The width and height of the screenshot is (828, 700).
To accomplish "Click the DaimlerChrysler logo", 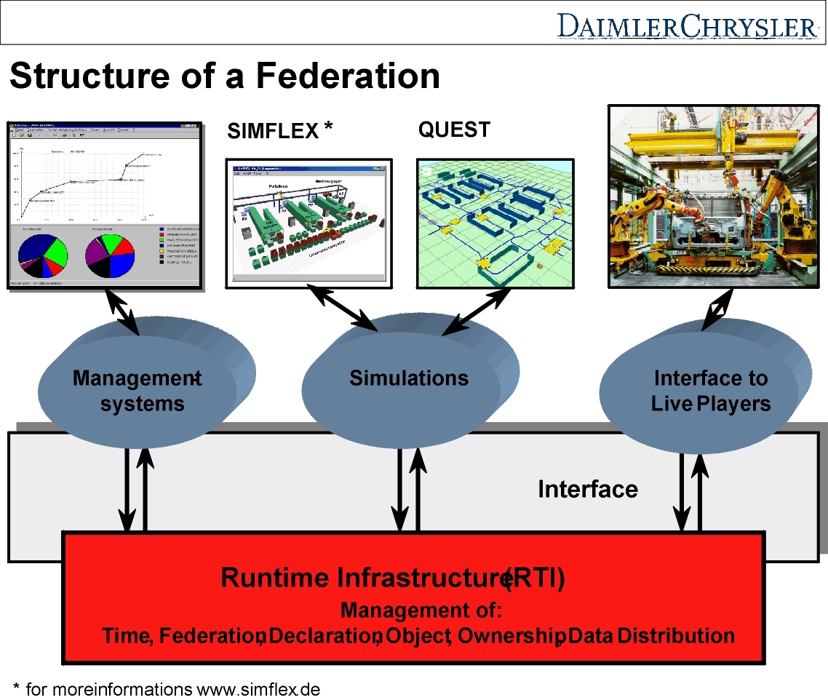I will (687, 26).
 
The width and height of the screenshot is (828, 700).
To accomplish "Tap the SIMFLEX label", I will (273, 131).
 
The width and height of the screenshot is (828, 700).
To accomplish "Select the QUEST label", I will (454, 130).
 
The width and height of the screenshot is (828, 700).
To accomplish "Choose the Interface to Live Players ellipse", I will (710, 390).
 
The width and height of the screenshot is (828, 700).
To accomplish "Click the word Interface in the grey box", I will (587, 489).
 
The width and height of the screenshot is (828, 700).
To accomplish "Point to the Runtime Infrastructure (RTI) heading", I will (393, 578).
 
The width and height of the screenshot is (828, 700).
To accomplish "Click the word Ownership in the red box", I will (511, 635).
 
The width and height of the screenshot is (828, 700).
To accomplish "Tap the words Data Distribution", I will (651, 635).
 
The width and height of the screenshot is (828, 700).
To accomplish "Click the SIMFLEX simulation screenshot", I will (309, 222).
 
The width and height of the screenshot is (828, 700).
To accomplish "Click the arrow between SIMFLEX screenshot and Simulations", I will (342, 308).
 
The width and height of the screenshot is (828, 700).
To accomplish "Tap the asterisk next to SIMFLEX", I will (328, 127).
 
